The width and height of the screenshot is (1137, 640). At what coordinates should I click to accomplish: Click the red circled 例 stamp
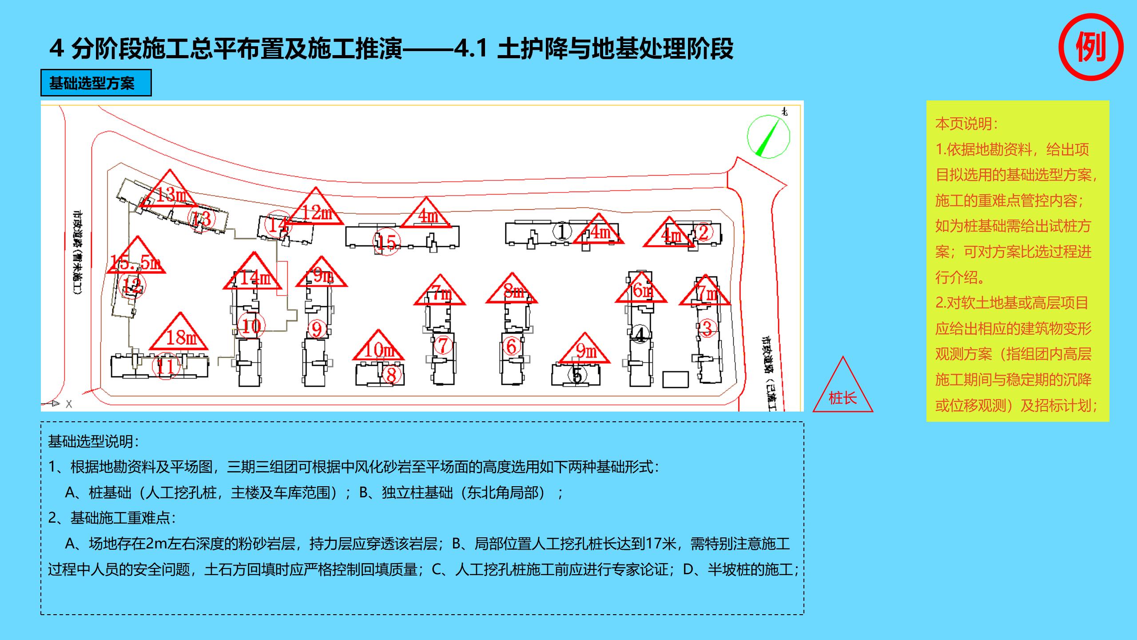point(1091,47)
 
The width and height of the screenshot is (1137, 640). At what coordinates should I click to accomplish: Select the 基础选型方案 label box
point(96,83)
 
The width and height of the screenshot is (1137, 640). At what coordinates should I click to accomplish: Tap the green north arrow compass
point(768,136)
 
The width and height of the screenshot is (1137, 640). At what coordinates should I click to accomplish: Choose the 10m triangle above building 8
point(378,348)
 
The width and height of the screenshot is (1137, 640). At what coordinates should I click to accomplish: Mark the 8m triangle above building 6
point(512,290)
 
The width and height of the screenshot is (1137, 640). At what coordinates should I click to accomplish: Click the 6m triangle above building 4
point(641,289)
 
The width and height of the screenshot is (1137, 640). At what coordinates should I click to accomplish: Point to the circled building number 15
point(386,242)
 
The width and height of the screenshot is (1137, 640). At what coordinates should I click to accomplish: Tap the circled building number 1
point(562,231)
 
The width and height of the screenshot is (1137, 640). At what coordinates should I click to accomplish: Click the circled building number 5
point(577,376)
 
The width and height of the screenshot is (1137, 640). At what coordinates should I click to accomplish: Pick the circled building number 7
point(443,345)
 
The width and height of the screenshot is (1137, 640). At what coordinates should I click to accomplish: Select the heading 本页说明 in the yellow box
point(966,124)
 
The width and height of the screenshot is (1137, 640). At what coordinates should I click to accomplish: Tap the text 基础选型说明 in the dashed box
point(93,441)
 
